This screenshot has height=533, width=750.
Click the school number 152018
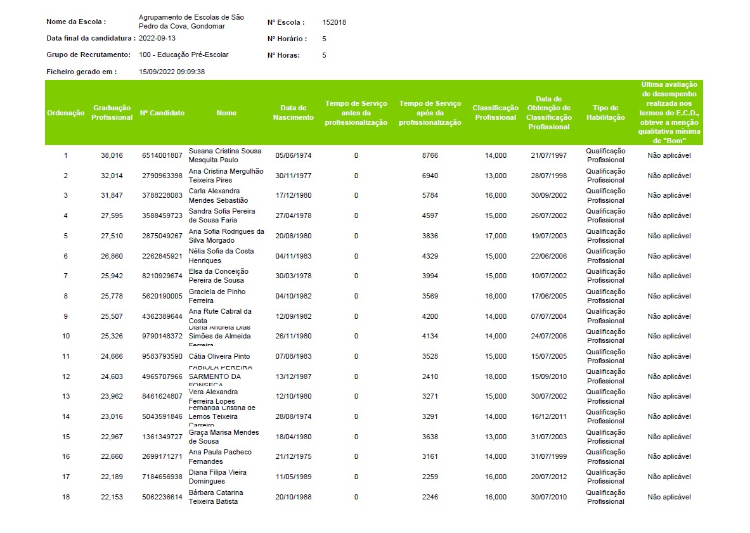pyautogui.click(x=334, y=22)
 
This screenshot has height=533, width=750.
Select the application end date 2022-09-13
pyautogui.click(x=157, y=38)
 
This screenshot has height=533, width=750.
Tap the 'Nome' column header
pyautogui.click(x=226, y=113)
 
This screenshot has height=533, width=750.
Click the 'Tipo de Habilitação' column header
pyautogui.click(x=605, y=113)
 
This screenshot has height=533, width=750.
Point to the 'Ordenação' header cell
pyautogui.click(x=66, y=113)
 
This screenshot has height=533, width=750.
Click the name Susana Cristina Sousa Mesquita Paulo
pyautogui.click(x=225, y=155)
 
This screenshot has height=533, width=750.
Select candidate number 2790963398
pyautogui.click(x=162, y=176)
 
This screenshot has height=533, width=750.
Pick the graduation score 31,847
pyautogui.click(x=112, y=195)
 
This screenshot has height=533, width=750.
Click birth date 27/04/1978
pyautogui.click(x=294, y=215)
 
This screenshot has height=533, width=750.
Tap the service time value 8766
pyautogui.click(x=430, y=155)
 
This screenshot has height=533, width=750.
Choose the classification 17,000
pyautogui.click(x=496, y=236)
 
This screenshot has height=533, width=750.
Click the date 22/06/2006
pyautogui.click(x=549, y=256)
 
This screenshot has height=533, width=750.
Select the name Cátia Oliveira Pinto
pyautogui.click(x=219, y=357)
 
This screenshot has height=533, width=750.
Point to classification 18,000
pyautogui.click(x=496, y=376)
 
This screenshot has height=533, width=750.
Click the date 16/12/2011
pyautogui.click(x=549, y=417)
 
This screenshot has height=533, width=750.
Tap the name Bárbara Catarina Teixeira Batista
pyautogui.click(x=216, y=497)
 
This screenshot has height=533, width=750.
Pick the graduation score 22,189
pyautogui.click(x=112, y=477)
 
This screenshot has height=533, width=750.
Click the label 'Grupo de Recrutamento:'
pyautogui.click(x=89, y=55)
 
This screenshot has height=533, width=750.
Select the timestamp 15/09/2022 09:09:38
pyautogui.click(x=172, y=72)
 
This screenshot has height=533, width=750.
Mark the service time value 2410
pyautogui.click(x=430, y=376)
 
